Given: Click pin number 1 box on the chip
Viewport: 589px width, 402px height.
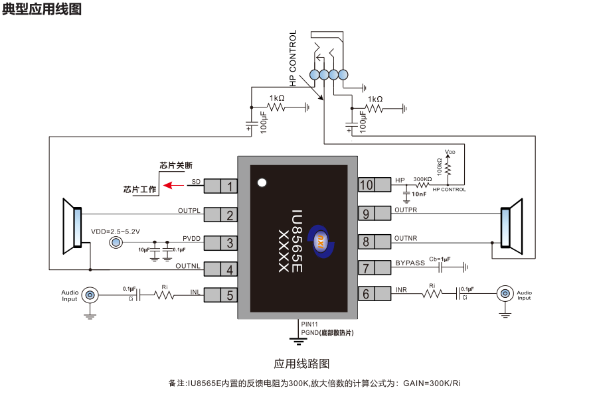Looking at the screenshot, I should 230,186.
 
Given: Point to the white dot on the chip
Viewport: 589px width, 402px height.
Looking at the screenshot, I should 262,182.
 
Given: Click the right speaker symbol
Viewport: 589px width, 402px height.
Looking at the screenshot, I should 511,226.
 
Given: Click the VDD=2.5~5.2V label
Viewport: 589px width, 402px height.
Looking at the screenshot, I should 115,231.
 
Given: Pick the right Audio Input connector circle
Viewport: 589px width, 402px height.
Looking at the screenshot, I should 505,293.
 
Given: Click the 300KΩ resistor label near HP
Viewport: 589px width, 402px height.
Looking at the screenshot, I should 422,179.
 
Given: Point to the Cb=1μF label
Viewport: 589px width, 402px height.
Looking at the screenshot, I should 440,259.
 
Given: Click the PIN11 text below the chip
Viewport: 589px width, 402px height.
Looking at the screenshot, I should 309,324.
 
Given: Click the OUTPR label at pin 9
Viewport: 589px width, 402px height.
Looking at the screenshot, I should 406,210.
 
